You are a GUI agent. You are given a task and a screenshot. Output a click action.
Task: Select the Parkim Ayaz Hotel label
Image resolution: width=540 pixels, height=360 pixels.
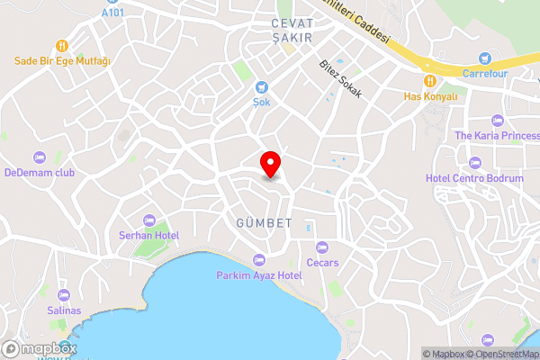point(259,274)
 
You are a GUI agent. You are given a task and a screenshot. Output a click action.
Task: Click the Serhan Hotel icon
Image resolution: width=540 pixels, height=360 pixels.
point(149,220)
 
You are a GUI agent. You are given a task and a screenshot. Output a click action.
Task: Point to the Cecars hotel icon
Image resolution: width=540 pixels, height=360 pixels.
point(321,247)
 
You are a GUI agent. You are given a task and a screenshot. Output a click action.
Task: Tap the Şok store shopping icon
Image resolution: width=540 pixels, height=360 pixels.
point(261,87)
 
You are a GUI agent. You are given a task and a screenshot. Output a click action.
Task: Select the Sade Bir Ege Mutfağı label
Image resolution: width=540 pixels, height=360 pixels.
point(61,61)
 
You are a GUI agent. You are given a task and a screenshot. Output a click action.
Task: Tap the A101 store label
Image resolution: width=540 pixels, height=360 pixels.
point(113,13)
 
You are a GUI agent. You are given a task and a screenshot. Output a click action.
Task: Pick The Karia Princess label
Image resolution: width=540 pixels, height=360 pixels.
point(497,136)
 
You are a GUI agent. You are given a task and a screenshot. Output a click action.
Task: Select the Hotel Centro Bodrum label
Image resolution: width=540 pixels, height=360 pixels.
point(474,178)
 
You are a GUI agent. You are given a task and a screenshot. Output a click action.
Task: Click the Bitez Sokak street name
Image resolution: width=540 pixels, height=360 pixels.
point(340,79)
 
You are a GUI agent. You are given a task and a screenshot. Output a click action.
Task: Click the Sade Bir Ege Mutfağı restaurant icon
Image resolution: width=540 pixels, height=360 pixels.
point(61,45)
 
